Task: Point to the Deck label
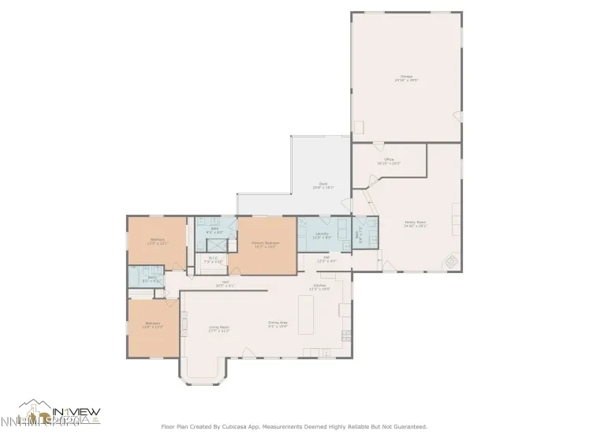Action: [x=323, y=185]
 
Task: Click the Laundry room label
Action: [x=321, y=235]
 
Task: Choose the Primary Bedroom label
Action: [x=264, y=245]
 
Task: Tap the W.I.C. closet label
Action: [x=213, y=259]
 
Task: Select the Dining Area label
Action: [x=278, y=324]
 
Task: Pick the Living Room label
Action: [x=218, y=328]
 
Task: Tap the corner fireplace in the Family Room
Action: [x=449, y=261]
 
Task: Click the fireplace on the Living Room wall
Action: [x=185, y=323]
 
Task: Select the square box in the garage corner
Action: [x=359, y=127]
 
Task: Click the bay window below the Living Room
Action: [x=204, y=374]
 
